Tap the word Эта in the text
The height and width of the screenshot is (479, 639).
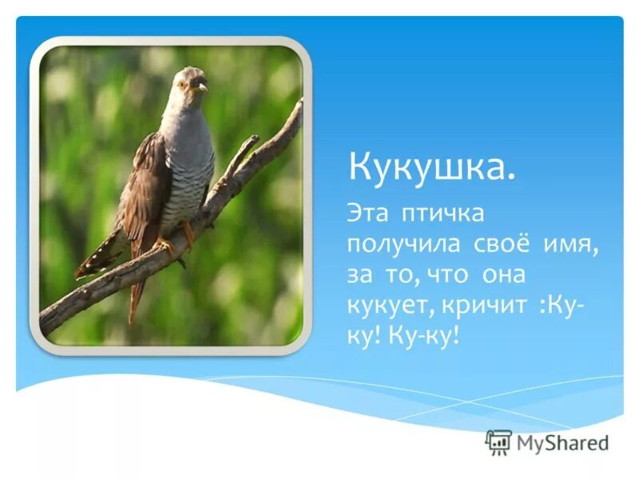click(x=368, y=214)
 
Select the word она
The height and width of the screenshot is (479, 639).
click(x=503, y=275)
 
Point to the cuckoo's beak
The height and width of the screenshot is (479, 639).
click(x=201, y=86)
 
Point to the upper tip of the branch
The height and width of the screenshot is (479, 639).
click(x=298, y=105)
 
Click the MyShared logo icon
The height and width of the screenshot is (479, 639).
click(x=498, y=441)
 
